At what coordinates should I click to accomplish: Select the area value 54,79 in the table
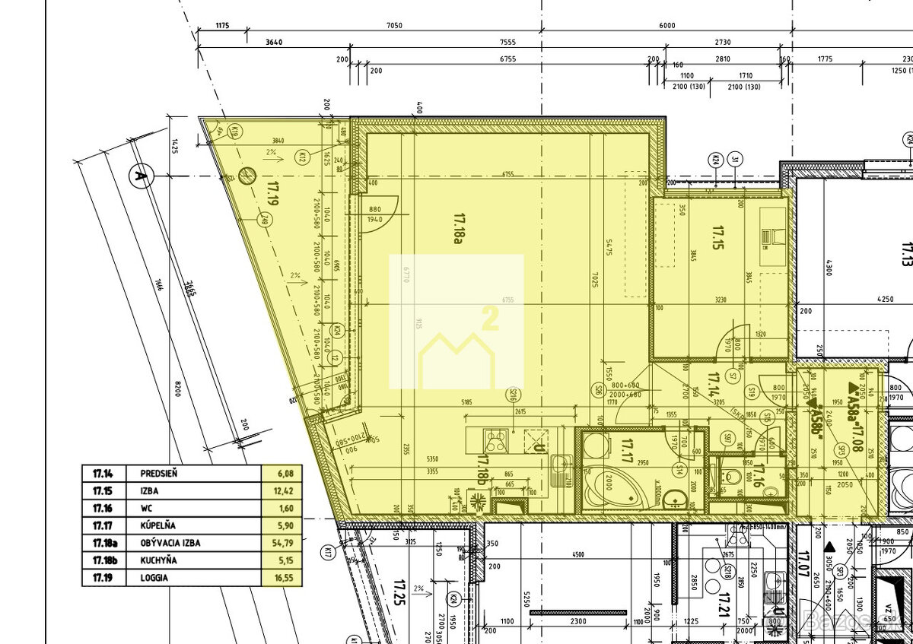click(x=282, y=543)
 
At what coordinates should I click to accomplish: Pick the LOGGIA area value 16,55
click(x=282, y=578)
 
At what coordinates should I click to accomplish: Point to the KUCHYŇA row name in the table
click(x=159, y=560)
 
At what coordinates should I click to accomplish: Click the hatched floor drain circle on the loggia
click(x=246, y=176)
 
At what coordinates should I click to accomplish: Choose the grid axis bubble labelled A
click(x=138, y=176)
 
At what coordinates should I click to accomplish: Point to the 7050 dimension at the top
click(x=393, y=25)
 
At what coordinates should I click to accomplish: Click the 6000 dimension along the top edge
click(x=667, y=25)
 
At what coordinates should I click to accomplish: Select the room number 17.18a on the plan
click(x=458, y=228)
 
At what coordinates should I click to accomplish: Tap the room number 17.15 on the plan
click(x=717, y=232)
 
